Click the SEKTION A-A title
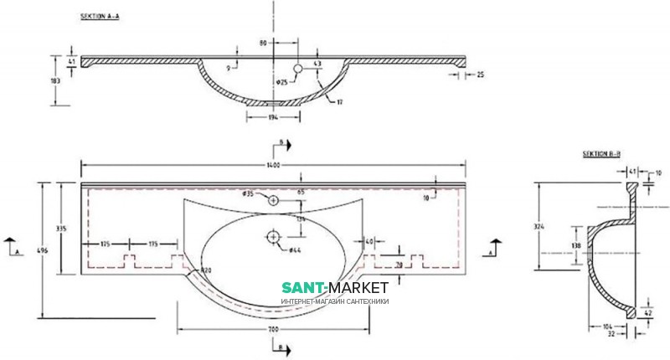(x=99, y=17)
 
